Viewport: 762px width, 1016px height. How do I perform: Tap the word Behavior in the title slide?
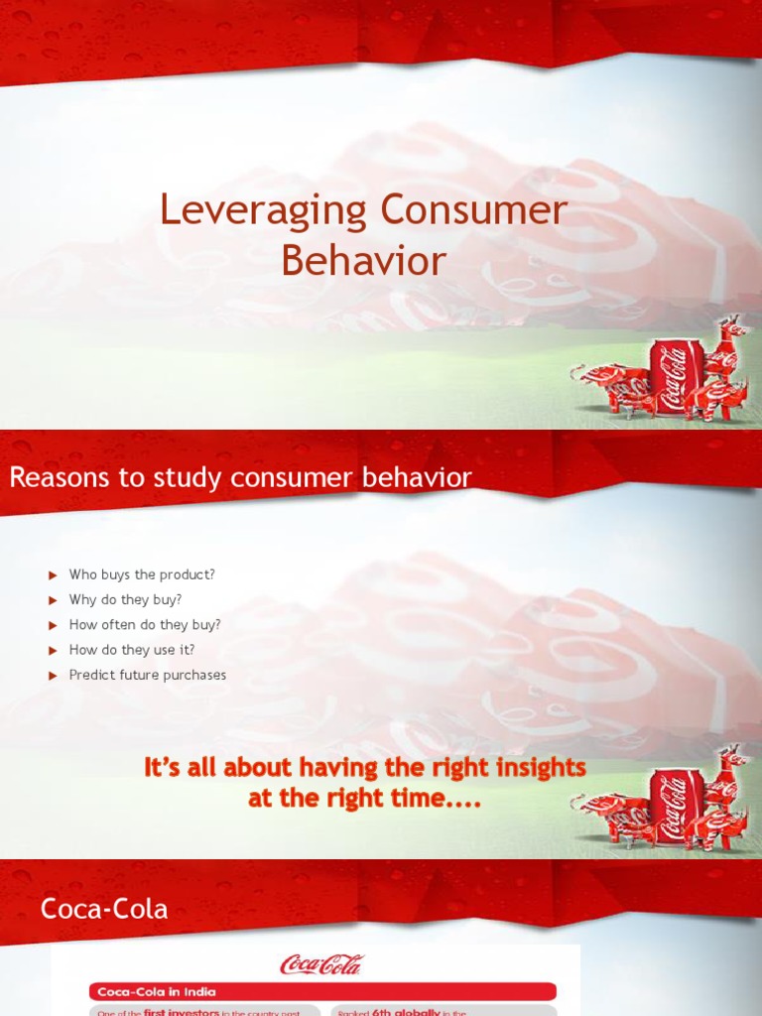(363, 261)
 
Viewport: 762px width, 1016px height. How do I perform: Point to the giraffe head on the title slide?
(735, 327)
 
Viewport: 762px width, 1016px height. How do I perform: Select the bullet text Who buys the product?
(142, 574)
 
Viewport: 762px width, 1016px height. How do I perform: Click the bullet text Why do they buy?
(125, 599)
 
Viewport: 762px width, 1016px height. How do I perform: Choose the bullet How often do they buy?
(145, 625)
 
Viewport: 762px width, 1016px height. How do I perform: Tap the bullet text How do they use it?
(132, 650)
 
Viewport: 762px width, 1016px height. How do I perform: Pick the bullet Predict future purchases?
(147, 675)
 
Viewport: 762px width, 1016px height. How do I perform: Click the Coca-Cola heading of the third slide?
(104, 909)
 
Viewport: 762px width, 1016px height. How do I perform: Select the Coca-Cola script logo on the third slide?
(321, 963)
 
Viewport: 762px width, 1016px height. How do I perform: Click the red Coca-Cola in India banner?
(322, 991)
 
